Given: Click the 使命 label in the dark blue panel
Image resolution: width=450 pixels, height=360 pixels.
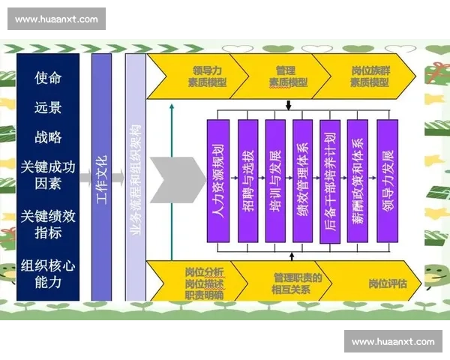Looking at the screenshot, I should click(48, 77).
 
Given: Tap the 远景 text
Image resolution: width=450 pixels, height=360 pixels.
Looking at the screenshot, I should click(48, 107).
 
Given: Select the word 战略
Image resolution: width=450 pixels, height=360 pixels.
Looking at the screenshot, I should click(48, 137).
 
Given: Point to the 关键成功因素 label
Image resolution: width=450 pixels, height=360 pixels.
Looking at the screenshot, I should click(48, 175).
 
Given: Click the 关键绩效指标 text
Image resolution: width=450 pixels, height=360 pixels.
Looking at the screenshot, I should click(48, 223).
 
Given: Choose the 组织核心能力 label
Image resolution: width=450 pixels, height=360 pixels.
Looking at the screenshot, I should click(48, 274).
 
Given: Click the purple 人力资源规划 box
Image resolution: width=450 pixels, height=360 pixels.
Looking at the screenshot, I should click(218, 180).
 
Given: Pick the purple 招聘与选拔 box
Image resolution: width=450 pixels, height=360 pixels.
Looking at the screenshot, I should click(247, 180).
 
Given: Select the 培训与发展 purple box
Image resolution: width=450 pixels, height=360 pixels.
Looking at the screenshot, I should click(275, 180).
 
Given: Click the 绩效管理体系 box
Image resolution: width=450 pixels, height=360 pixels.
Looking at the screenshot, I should click(302, 180).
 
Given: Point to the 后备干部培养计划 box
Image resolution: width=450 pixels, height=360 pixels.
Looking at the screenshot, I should click(330, 180).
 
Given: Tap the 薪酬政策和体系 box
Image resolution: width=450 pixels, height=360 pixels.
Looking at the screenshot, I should click(358, 180).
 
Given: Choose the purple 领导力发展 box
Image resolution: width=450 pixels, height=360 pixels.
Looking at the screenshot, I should click(386, 180).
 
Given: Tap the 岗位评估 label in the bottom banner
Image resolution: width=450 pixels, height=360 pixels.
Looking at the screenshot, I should click(387, 283).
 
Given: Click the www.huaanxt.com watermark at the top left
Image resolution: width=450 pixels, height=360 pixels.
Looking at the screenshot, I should click(56, 18).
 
